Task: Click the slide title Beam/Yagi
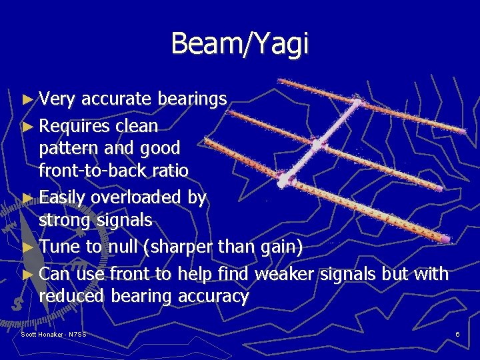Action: (240, 44)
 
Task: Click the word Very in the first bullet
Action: (57, 99)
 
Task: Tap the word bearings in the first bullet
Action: (193, 100)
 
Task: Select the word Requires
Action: (74, 126)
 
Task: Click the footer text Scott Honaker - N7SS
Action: (53, 333)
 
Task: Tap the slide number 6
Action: (457, 333)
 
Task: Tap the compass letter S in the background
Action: (15, 304)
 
